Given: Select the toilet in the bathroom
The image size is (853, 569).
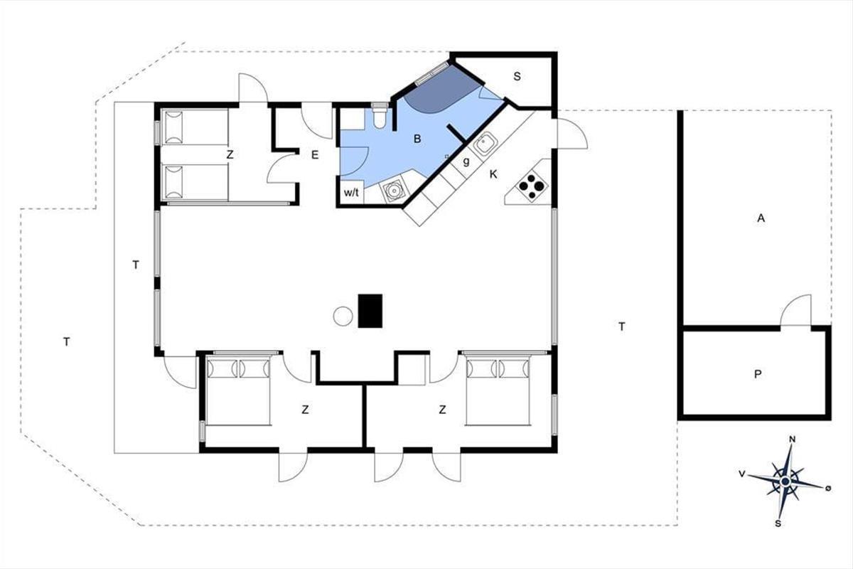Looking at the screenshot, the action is click(379, 115).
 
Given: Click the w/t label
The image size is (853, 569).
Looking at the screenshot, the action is click(351, 193).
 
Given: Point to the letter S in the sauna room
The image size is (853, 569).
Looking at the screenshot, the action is click(517, 77).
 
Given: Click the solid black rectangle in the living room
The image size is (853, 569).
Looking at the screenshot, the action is click(370, 311).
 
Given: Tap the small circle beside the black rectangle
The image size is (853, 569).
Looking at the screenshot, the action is click(343, 316).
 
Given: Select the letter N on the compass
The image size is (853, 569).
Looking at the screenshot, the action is click(793, 440).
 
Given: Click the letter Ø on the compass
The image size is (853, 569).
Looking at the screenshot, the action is click(828, 489).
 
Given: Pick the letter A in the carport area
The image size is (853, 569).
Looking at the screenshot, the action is click(761, 218).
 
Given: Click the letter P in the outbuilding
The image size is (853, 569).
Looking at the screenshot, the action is click(758, 375).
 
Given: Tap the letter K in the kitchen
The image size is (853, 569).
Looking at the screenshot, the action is click(493, 174).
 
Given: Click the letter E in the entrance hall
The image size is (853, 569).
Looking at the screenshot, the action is click(315, 155).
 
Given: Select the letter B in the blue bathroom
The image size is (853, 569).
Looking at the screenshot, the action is click(417, 139).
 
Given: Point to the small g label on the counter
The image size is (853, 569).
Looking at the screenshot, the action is click(466, 161).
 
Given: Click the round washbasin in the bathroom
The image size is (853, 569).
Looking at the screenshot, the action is click(392, 189).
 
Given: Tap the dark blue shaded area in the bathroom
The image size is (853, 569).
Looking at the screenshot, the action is click(438, 92).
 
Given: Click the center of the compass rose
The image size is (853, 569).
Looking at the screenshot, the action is click(785, 482).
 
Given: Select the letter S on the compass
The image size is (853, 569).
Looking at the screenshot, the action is click(778, 523).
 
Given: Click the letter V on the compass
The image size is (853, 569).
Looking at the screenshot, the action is click(741, 474).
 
